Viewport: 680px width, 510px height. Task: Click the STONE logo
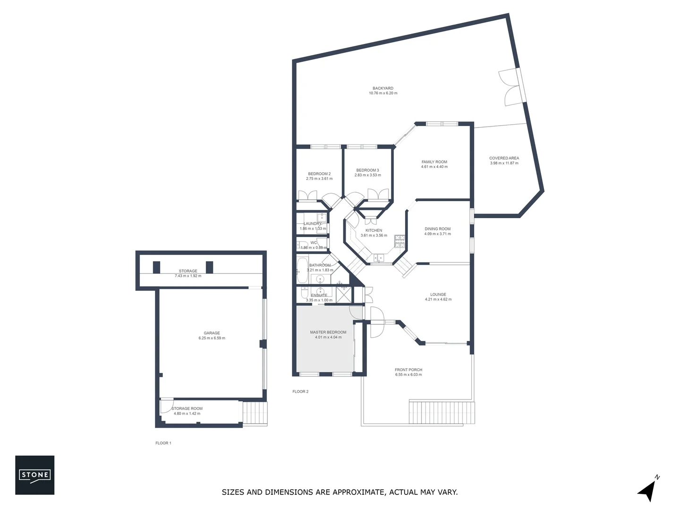(x=34, y=475)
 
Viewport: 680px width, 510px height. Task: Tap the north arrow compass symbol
(x=648, y=490)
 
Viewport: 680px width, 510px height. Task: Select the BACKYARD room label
(x=382, y=88)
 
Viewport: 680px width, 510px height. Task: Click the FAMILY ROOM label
(x=434, y=162)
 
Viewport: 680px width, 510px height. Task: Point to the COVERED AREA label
(x=504, y=158)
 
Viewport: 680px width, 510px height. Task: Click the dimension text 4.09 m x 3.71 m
(x=437, y=234)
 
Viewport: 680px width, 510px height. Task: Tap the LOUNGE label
(x=438, y=294)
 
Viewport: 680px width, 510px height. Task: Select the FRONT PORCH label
(x=408, y=370)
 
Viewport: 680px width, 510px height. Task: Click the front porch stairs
(x=441, y=413)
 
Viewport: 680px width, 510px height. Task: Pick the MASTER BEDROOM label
(x=328, y=332)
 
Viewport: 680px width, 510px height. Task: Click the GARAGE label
(x=212, y=333)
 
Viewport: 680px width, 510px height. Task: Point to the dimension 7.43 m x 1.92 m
(x=188, y=276)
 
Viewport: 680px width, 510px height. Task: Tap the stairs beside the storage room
(x=255, y=413)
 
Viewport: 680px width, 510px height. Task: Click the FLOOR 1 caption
(x=163, y=443)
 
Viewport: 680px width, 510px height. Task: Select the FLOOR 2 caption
(x=300, y=391)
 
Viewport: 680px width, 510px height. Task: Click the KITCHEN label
(x=374, y=230)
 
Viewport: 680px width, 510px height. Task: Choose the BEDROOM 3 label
(x=367, y=170)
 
